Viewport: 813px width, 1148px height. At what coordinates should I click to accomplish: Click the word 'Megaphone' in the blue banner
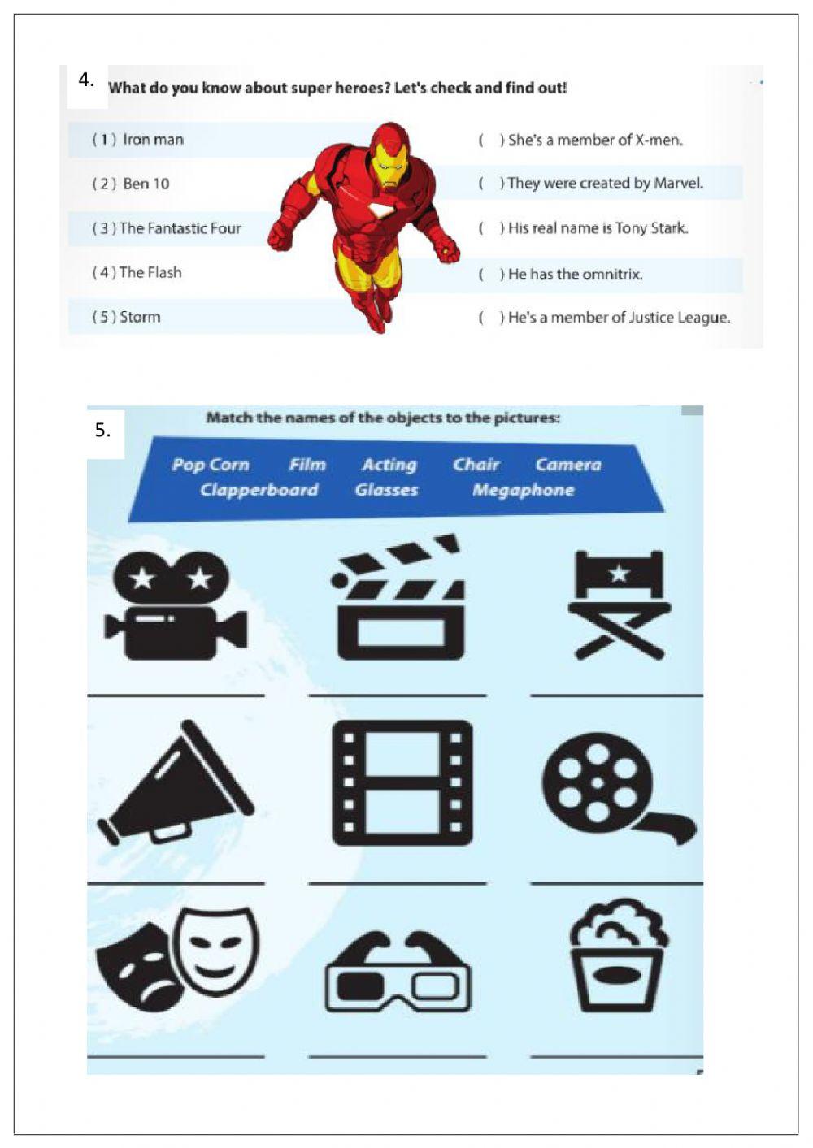point(523,491)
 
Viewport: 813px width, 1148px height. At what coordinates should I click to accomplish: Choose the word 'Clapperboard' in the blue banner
point(259,491)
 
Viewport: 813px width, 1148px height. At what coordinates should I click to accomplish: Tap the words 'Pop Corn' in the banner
point(210,465)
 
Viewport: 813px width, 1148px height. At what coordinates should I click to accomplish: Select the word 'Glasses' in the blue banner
point(386,491)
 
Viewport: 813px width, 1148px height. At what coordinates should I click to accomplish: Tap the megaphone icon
point(175,784)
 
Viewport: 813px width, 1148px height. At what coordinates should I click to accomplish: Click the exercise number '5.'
point(102,430)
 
